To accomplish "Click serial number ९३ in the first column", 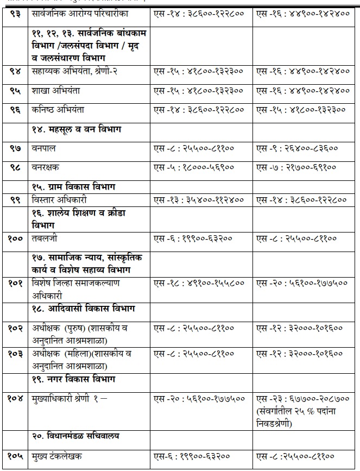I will pos(14,14).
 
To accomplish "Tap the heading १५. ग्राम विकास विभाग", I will pos(79,186).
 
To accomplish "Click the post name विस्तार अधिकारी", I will pos(60,200).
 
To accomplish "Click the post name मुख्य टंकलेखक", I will pos(57,456).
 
